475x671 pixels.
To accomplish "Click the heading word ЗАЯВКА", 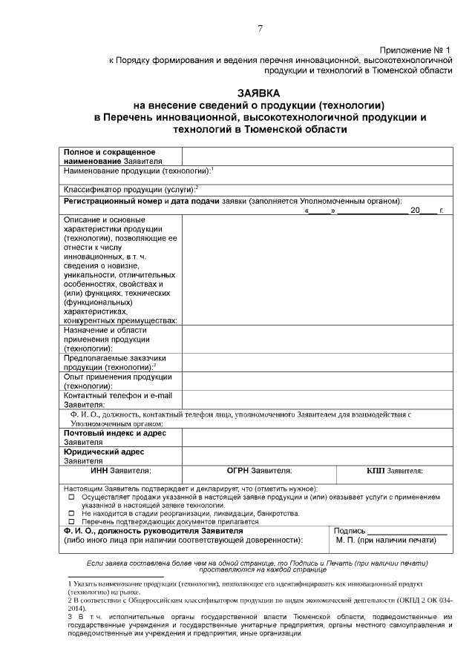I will click(258, 93).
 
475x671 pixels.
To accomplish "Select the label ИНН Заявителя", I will click(121, 470).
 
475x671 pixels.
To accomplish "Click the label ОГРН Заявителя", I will click(259, 470).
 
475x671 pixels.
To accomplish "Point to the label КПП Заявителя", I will click(394, 470).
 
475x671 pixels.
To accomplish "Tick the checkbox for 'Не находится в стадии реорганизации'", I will click(71, 513).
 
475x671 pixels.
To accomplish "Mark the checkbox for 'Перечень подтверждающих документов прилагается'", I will click(71, 522).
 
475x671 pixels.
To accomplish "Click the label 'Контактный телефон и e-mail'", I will click(117, 395).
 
